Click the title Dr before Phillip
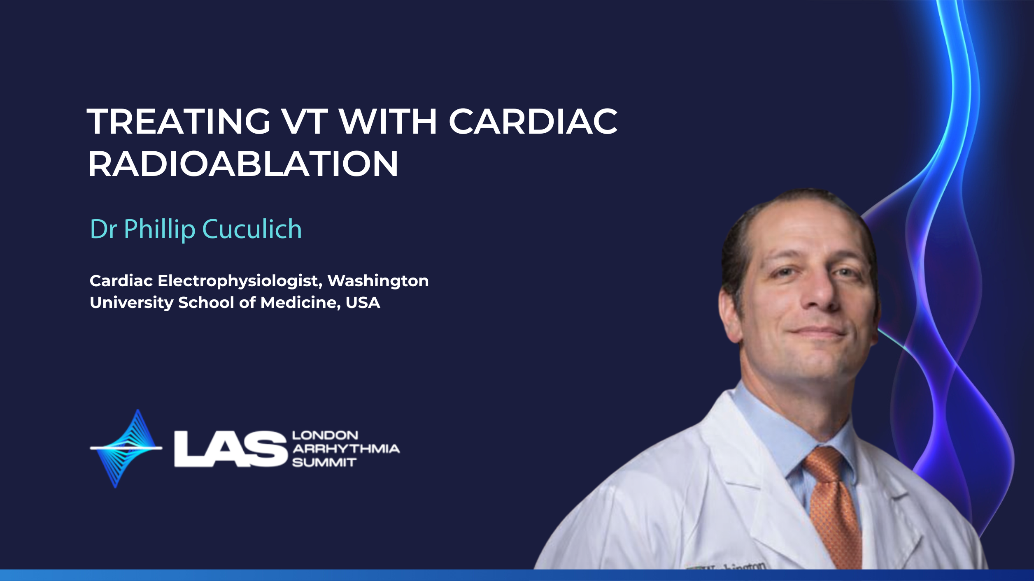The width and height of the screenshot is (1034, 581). (x=103, y=229)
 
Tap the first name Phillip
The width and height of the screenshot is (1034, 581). (x=159, y=229)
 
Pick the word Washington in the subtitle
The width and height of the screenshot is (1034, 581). (x=378, y=281)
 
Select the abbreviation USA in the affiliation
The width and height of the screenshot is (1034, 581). (x=363, y=303)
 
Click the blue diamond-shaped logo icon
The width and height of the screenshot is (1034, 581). (x=126, y=449)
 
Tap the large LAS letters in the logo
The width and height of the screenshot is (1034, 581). (x=231, y=449)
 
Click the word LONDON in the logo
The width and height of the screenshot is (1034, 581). (x=325, y=435)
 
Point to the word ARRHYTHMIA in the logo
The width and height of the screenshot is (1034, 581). (x=346, y=449)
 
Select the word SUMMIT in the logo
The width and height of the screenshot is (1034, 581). (x=324, y=463)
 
